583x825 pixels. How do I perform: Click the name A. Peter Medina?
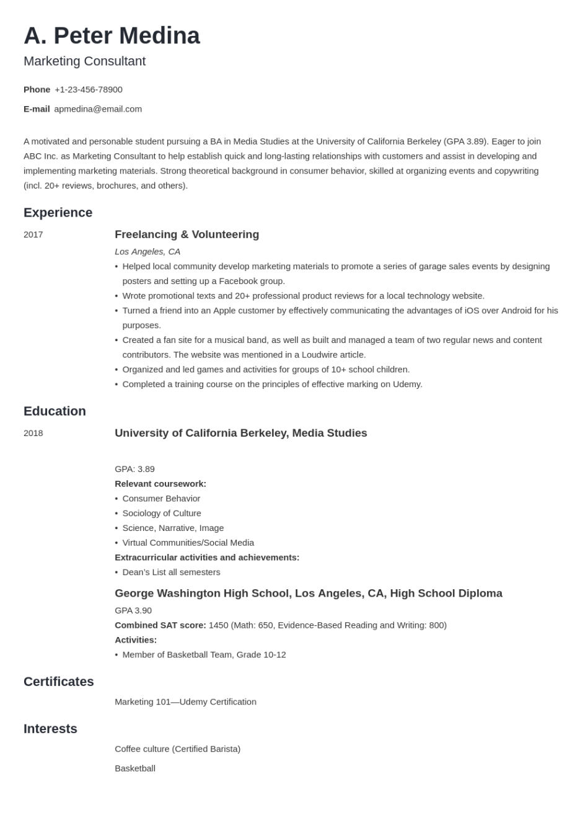[112, 36]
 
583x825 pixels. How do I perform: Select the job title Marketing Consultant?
[84, 61]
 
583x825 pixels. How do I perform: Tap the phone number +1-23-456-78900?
[89, 89]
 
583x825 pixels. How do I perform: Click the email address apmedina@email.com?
[98, 109]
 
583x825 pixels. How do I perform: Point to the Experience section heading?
[58, 212]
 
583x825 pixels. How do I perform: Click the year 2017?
[33, 234]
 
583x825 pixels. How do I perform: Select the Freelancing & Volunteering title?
[186, 234]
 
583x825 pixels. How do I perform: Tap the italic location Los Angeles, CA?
[147, 251]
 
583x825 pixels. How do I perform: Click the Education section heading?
[55, 411]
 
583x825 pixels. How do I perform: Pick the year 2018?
[33, 433]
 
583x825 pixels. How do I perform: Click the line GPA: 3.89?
[134, 469]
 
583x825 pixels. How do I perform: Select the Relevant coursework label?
[160, 484]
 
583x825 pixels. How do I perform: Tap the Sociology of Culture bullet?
[162, 513]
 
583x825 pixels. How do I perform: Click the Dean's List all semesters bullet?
[171, 572]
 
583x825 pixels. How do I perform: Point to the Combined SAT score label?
[160, 625]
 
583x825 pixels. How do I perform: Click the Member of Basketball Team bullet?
[204, 654]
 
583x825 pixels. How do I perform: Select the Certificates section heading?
[58, 681]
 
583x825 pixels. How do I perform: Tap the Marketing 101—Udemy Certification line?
[185, 702]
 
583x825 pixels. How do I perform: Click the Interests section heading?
[50, 728]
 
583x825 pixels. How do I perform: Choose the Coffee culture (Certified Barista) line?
[177, 749]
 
